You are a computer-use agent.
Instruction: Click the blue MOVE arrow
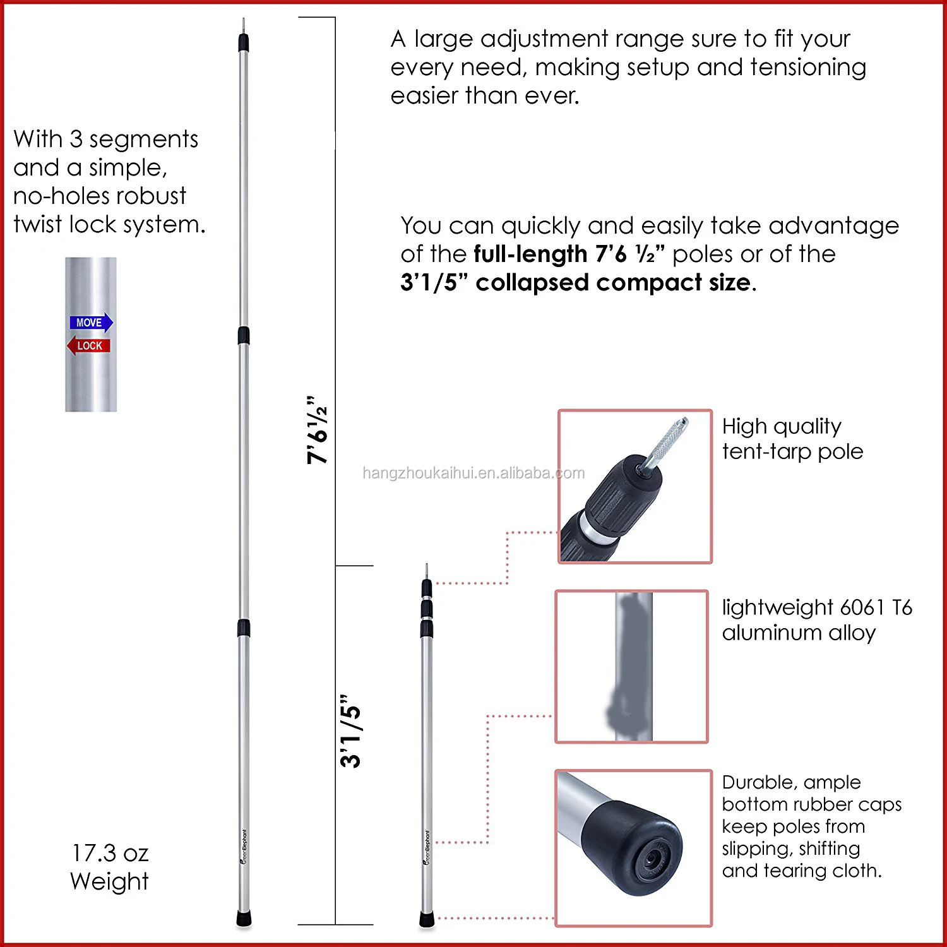pos(91,323)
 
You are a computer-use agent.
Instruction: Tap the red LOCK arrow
pos(88,346)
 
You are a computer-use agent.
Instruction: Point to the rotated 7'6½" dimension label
pos(318,431)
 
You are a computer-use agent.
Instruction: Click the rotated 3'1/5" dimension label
pos(351,732)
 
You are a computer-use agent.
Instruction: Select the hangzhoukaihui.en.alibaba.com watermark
pos(473,473)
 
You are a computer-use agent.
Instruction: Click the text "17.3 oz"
pos(110,853)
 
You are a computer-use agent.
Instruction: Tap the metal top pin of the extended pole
pos(244,27)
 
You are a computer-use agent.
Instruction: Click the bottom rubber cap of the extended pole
pos(244,917)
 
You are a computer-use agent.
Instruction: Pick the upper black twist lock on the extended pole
pos(244,335)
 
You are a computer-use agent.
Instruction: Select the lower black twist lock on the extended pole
pos(244,628)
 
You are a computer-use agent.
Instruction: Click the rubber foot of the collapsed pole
pos(427,919)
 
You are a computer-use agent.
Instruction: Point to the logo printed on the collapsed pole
pos(427,847)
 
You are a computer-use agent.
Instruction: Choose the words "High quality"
pos(782,427)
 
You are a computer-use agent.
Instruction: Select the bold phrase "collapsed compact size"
pos(613,282)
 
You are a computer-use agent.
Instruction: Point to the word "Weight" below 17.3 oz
pos(110,881)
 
